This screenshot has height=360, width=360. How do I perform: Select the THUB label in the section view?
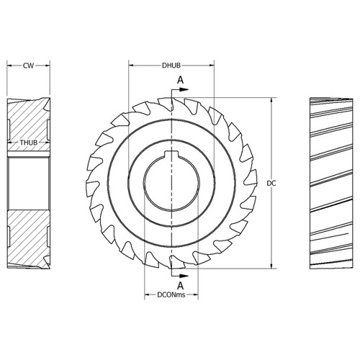pyautogui.click(x=29, y=143)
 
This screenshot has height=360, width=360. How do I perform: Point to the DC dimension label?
pyautogui.click(x=272, y=184)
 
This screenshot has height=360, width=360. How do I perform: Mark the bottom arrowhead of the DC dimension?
pyautogui.click(x=271, y=264)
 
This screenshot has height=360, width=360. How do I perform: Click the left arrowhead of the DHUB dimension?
pyautogui.click(x=132, y=66)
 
